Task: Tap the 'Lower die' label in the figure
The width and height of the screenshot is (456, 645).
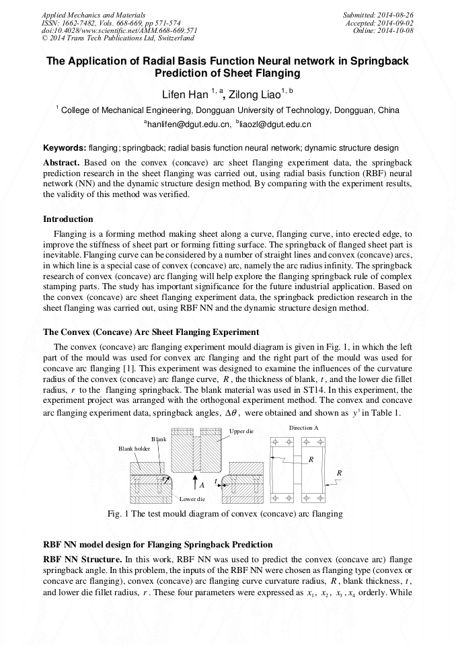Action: point(192,499)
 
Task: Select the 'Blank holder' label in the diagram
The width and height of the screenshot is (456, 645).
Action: point(134,449)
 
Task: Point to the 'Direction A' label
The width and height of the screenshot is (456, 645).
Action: point(303,428)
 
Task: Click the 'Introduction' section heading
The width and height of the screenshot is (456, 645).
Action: point(68,219)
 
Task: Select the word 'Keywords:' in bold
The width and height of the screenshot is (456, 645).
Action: point(64,148)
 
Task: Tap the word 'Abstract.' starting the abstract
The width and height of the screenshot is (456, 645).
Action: point(61,163)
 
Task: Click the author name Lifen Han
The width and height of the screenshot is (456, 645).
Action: point(184,95)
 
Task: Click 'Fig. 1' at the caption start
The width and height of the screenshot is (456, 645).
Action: point(118,514)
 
